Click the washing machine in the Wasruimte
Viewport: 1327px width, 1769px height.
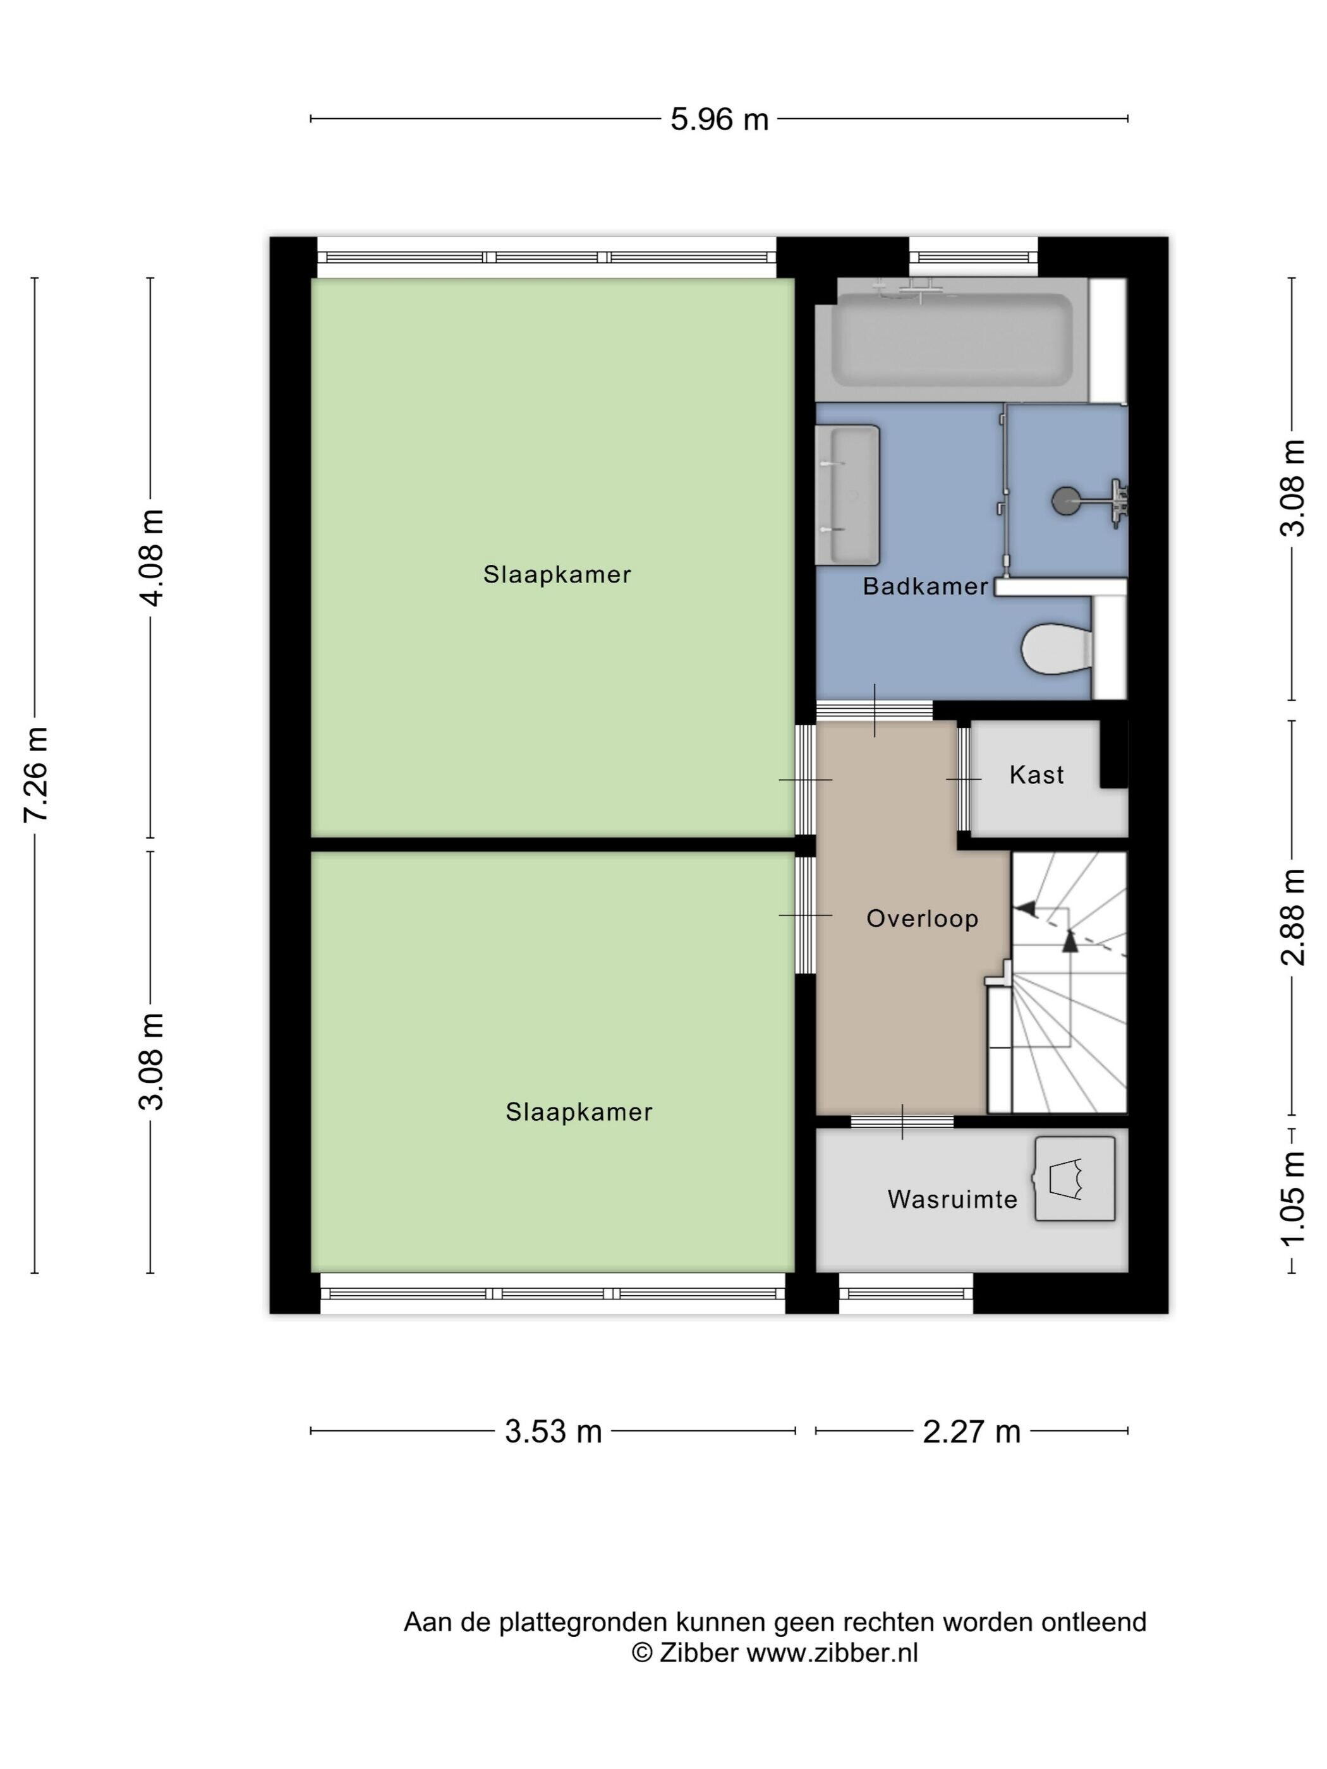tap(1075, 1179)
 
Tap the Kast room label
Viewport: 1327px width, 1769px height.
tap(1037, 775)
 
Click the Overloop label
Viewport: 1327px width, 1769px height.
tap(922, 918)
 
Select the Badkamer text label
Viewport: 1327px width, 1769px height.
tap(926, 586)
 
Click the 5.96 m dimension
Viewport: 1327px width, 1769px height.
tap(719, 119)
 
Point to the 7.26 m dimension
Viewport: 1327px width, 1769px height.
tap(36, 774)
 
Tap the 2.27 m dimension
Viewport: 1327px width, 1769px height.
tap(972, 1431)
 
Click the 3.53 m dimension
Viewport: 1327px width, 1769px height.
tap(553, 1431)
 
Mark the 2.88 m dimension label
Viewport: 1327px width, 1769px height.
tap(1292, 917)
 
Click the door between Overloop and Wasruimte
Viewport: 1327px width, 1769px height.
tap(902, 1121)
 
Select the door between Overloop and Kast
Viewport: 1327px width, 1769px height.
tap(964, 778)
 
